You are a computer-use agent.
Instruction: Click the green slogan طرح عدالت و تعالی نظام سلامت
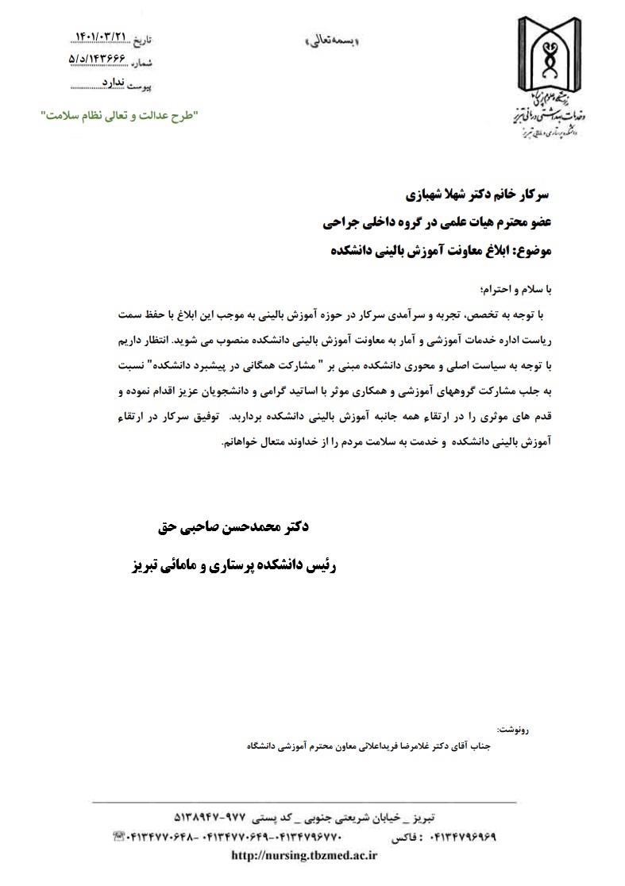point(120,116)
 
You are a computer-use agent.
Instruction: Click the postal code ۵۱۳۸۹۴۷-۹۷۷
point(210,818)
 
